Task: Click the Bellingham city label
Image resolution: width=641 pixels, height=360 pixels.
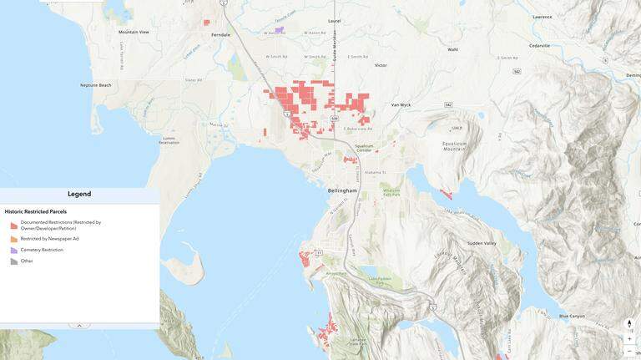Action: (342, 190)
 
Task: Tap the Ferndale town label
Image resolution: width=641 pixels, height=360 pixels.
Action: (220, 34)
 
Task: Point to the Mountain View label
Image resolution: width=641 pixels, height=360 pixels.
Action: (134, 32)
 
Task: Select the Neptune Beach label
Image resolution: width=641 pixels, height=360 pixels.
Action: (95, 85)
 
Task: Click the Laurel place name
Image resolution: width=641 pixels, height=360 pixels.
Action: (335, 20)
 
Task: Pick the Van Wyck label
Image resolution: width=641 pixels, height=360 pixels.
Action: (401, 105)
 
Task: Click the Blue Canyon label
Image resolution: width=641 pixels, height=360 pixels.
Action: (572, 316)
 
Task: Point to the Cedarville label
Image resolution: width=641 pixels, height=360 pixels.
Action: (539, 46)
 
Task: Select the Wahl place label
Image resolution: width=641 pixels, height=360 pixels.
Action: (452, 49)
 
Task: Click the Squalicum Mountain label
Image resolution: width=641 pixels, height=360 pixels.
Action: (454, 146)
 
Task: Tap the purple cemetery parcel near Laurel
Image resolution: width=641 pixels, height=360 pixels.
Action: (280, 30)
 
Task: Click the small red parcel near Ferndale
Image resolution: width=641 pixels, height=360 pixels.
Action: (207, 23)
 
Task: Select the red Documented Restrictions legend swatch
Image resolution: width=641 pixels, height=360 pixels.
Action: (14, 226)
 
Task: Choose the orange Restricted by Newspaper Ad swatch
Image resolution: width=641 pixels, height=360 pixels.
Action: (14, 239)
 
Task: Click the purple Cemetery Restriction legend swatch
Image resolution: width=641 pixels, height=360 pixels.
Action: (14, 251)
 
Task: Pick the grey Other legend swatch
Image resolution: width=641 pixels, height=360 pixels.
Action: (14, 261)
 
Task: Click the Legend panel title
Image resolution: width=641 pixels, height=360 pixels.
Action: (79, 194)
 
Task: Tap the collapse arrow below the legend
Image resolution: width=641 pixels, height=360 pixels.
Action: (79, 326)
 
